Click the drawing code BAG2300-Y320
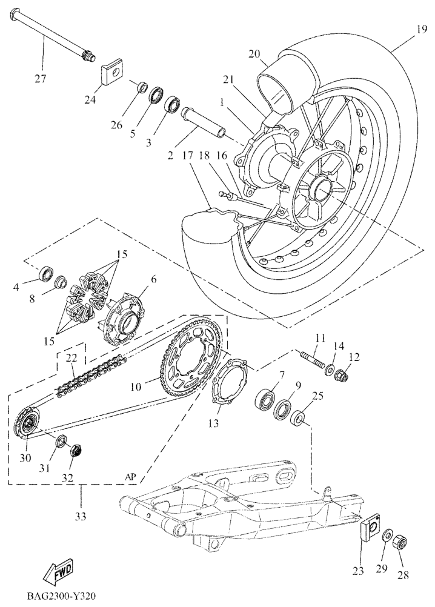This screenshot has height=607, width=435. coord(61,595)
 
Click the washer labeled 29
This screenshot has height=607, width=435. coord(386,536)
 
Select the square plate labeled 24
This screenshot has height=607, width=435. coord(112,71)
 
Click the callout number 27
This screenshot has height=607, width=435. coord(40,79)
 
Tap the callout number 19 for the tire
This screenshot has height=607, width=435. coord(422,29)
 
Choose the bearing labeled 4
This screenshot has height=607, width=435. coord(46,274)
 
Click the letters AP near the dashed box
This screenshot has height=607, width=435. coord(130,477)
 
